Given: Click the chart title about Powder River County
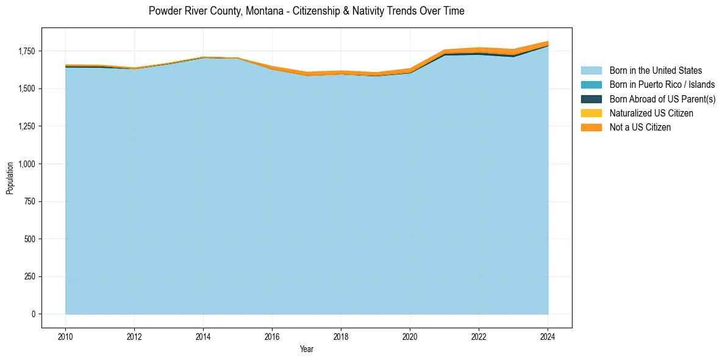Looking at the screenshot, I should (x=307, y=11).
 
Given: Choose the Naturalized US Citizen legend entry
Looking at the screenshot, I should (x=651, y=113).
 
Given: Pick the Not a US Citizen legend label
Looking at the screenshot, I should (x=640, y=127).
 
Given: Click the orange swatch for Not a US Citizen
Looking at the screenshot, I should (x=591, y=127).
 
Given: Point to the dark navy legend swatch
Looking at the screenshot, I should (x=591, y=99).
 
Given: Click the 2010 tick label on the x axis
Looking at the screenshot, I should (x=65, y=337).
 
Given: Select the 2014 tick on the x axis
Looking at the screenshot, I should (x=203, y=337).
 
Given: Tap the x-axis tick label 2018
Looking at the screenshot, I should (x=341, y=337).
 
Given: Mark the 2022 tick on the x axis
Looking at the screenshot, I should (x=479, y=337).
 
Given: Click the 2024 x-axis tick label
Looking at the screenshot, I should (x=548, y=337).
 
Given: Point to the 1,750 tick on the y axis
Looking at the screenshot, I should (x=27, y=51).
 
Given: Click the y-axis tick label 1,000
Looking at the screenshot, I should (x=27, y=164).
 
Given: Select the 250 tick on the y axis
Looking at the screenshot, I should (x=30, y=276).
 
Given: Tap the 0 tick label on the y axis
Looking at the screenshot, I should (x=34, y=314).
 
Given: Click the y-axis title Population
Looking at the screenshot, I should (x=10, y=178).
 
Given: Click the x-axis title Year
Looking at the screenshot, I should (x=307, y=349).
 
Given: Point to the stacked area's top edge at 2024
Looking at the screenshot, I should (x=548, y=41).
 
